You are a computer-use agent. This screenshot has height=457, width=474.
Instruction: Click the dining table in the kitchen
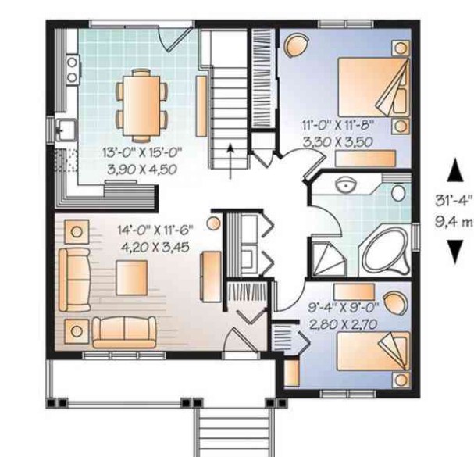pyautogui.click(x=141, y=105)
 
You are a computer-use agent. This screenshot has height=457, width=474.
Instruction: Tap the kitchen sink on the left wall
pyautogui.click(x=66, y=130)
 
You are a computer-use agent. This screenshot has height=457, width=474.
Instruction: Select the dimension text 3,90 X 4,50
pyautogui.click(x=142, y=170)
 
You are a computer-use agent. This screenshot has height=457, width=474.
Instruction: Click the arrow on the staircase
pyautogui.click(x=230, y=161)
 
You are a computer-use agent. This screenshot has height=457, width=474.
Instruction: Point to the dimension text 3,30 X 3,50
pyautogui.click(x=337, y=142)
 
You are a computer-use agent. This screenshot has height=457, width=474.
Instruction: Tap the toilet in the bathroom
pyautogui.click(x=398, y=193)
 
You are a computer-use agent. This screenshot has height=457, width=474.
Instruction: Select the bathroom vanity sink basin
pyautogui.click(x=347, y=184)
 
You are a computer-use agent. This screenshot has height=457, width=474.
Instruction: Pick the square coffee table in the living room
pyautogui.click(x=131, y=277)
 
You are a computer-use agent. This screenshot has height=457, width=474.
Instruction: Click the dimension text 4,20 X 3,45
pyautogui.click(x=155, y=248)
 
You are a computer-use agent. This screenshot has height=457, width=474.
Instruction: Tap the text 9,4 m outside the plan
pyautogui.click(x=454, y=222)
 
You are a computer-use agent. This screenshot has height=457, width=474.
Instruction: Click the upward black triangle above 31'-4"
pyautogui.click(x=455, y=173)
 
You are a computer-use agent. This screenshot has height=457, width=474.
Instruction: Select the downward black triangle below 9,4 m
pyautogui.click(x=454, y=252)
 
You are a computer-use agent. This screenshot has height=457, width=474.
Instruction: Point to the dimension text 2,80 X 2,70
pyautogui.click(x=344, y=324)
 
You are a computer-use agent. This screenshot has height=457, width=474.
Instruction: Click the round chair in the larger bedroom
pyautogui.click(x=296, y=45)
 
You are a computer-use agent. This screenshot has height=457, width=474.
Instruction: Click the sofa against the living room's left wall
pyautogui.click(x=74, y=280)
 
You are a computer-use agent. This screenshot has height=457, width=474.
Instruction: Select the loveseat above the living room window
pyautogui.click(x=124, y=332)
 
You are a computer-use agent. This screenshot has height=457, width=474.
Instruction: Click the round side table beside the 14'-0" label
pyautogui.click(x=214, y=223)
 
